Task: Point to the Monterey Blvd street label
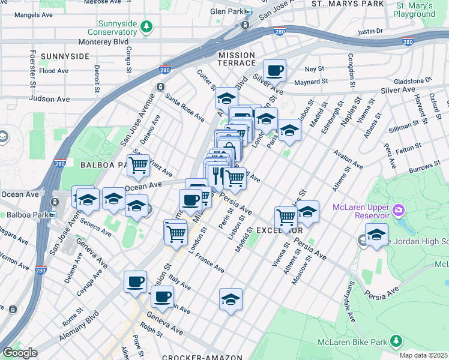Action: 104,43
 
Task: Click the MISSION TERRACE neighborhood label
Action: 229,55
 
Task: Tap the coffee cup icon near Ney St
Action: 274,71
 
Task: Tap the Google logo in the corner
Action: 20,353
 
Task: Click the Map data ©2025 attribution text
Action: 424,355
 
